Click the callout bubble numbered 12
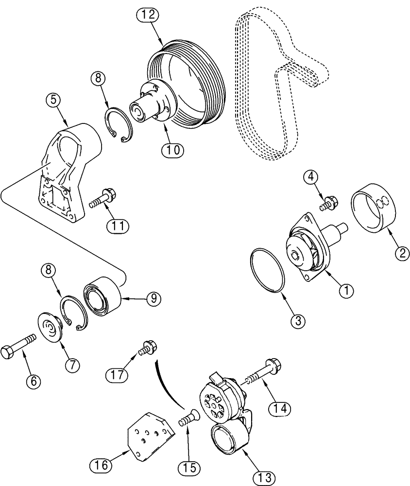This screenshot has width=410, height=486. click(x=148, y=16)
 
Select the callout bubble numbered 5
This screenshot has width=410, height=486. click(x=54, y=100)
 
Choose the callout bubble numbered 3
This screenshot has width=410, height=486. click(x=298, y=320)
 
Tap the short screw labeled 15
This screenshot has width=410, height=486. click(x=187, y=419)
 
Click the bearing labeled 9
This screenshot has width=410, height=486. click(x=101, y=296)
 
